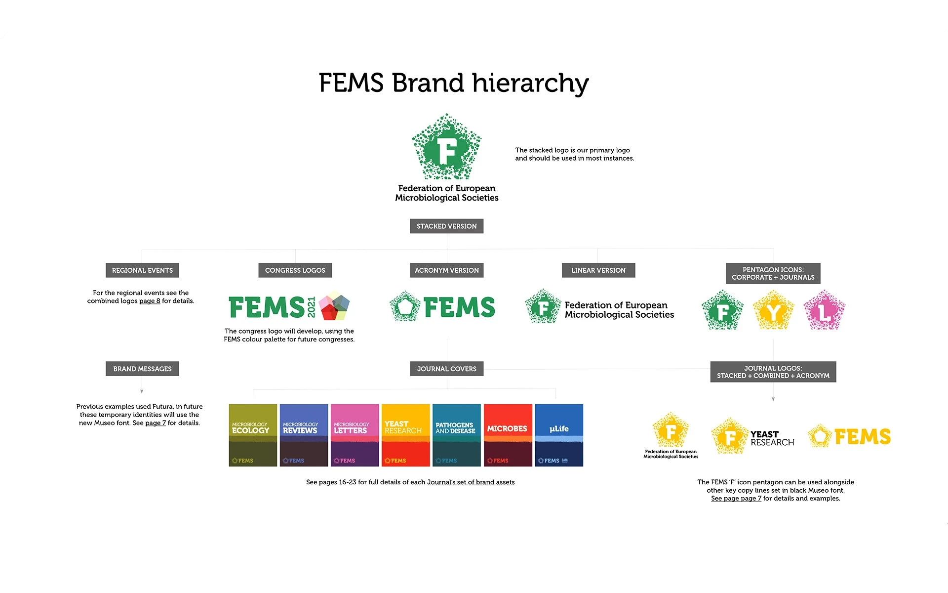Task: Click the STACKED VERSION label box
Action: click(446, 226)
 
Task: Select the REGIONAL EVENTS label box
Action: click(142, 270)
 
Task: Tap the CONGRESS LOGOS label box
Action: click(295, 270)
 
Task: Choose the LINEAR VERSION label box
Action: click(598, 270)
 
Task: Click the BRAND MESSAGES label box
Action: click(142, 369)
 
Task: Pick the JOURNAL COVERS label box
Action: click(446, 369)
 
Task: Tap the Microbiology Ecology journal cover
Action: click(253, 435)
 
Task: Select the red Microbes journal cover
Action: click(508, 435)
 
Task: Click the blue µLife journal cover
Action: click(559, 435)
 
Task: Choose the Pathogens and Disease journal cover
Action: click(456, 435)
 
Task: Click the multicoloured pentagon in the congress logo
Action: click(334, 305)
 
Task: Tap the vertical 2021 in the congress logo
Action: click(312, 307)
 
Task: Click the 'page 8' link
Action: click(150, 301)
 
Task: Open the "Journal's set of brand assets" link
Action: click(471, 482)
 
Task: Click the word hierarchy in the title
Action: click(530, 83)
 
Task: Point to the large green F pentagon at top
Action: click(446, 147)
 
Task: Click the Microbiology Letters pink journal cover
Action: click(355, 435)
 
